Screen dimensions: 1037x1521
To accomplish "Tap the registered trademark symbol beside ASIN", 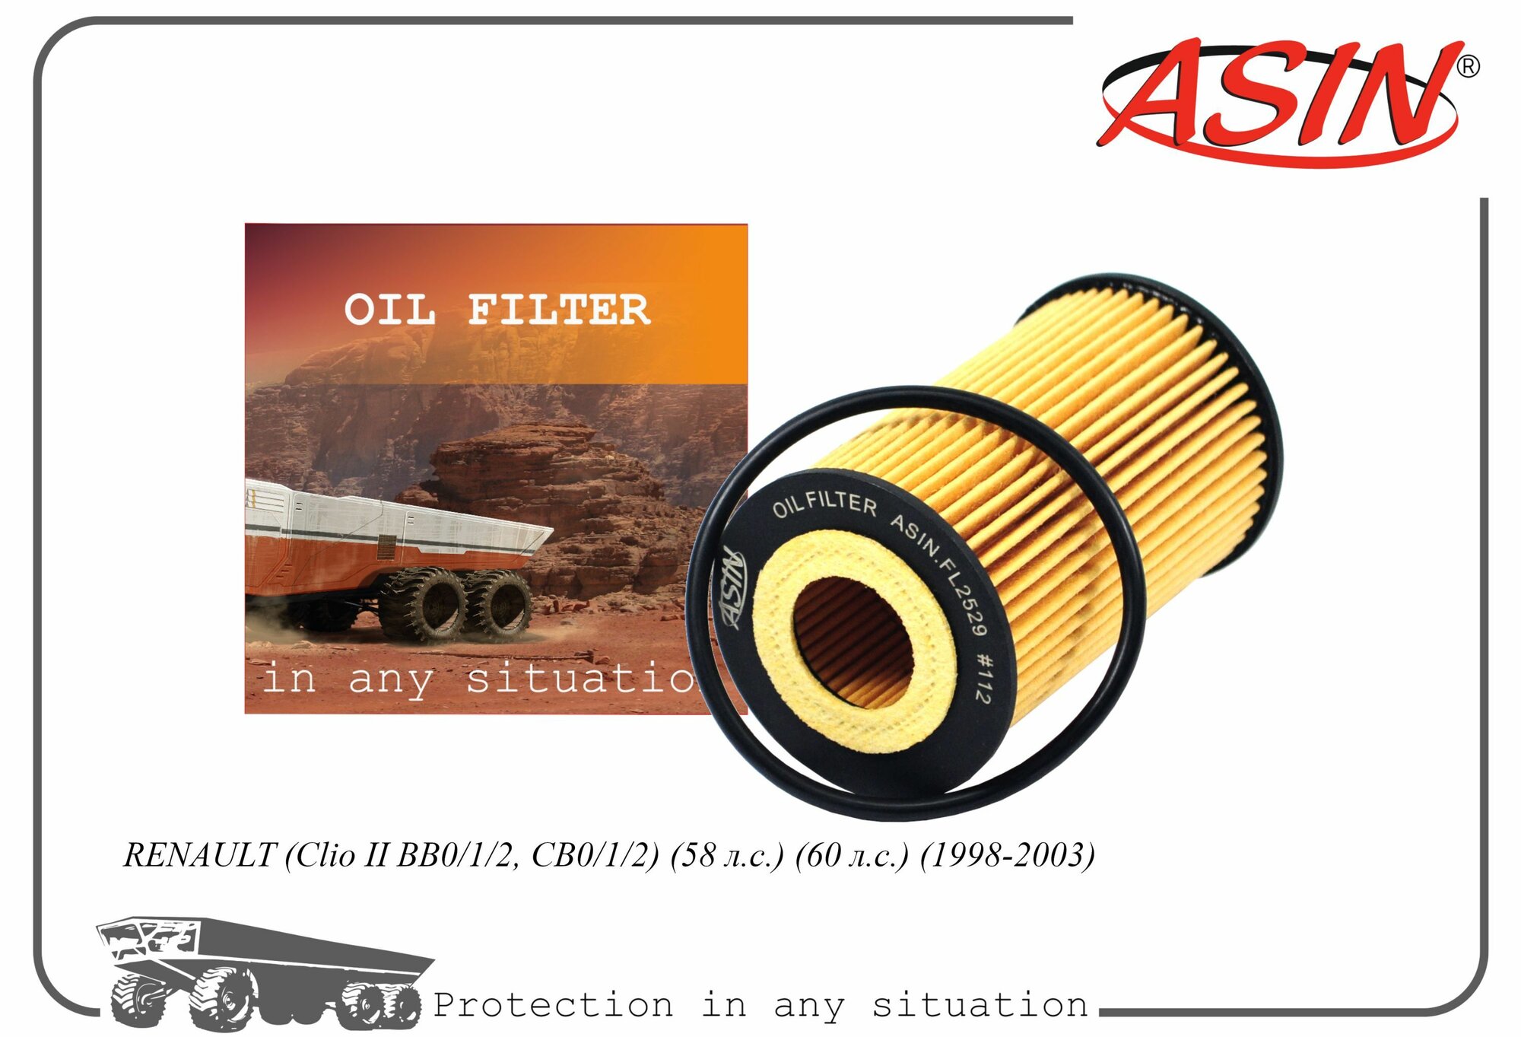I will [x=1468, y=67].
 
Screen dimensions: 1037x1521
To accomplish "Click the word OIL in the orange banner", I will [x=389, y=310].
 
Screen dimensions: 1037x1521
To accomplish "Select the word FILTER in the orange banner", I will [x=559, y=310].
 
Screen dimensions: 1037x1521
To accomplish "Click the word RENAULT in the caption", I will [x=199, y=855].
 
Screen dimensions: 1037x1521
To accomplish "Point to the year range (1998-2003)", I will [x=1008, y=855].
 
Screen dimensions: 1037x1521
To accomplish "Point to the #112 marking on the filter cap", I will [x=983, y=679].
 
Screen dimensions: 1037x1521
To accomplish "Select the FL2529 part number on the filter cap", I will [x=963, y=597].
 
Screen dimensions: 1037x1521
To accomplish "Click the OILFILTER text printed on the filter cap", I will [x=824, y=504].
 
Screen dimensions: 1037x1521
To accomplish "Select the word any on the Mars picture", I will [x=390, y=679].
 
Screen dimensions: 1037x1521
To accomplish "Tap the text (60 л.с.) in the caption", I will [x=852, y=855].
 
